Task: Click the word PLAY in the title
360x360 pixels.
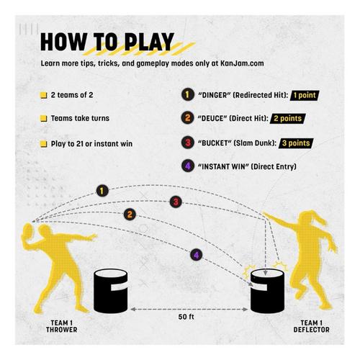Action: tap(149, 42)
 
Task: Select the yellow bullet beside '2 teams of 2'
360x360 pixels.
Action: tap(43, 95)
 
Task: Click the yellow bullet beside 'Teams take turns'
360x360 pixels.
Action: tap(43, 119)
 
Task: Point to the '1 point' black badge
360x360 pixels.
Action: tap(305, 95)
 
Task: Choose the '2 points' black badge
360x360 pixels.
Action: tap(287, 119)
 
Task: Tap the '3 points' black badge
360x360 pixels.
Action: tap(296, 143)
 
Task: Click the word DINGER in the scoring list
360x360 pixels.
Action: tap(214, 95)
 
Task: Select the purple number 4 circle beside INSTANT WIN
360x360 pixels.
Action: tap(188, 166)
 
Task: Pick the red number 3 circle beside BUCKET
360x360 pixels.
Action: tap(188, 143)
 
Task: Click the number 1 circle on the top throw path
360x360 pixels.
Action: tap(102, 191)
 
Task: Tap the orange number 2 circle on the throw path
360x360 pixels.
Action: tap(130, 215)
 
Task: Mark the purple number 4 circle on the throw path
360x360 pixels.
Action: tap(197, 255)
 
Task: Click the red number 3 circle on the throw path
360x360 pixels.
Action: tap(176, 202)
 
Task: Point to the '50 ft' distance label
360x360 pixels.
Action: tap(186, 317)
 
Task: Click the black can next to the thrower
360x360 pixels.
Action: tap(110, 291)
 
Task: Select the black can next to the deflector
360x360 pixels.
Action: tap(267, 291)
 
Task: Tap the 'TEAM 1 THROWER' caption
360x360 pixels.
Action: tap(62, 326)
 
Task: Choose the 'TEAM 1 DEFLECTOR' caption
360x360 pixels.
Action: tap(312, 326)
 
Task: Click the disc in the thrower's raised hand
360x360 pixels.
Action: tap(28, 231)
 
